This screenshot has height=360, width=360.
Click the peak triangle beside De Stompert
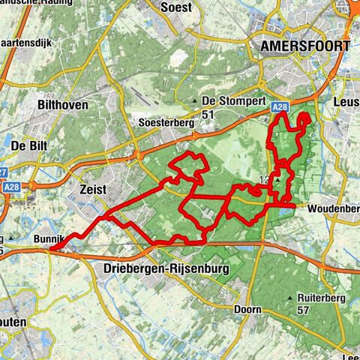coord(195,101)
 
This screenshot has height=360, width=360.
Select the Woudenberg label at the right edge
coord(334,207)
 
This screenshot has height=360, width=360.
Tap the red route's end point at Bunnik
coord(52,244)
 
